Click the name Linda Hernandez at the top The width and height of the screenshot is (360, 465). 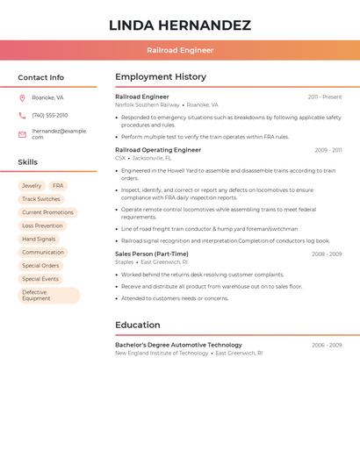click(180, 25)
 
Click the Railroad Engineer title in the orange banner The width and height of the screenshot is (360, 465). click(180, 50)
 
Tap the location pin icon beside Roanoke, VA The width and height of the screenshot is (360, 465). click(22, 97)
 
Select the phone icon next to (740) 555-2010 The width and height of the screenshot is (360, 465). click(22, 115)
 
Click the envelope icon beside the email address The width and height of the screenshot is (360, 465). click(22, 134)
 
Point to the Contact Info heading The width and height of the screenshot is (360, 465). click(41, 77)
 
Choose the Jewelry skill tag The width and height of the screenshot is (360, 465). click(32, 186)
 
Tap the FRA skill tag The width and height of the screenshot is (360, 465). click(58, 186)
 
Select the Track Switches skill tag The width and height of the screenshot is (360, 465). click(41, 199)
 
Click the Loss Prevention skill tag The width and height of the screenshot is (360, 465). click(42, 225)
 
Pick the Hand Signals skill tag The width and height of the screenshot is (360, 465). click(39, 239)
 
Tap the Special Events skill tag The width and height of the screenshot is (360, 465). click(40, 279)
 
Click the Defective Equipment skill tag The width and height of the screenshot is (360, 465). click(48, 296)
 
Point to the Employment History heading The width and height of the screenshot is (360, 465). click(161, 77)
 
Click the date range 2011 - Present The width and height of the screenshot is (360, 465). click(324, 97)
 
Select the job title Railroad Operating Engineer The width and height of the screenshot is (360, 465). click(158, 150)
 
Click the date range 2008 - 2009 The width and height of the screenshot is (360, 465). click(326, 254)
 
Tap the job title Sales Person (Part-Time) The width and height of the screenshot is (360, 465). click(152, 254)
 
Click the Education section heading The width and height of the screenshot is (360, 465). click(138, 325)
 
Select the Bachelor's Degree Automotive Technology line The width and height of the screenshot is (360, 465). click(178, 345)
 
